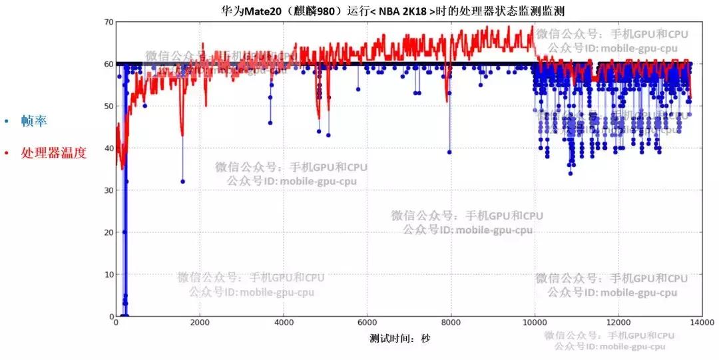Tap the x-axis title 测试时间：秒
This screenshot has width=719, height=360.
click(x=400, y=338)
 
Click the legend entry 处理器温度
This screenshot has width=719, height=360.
click(x=53, y=153)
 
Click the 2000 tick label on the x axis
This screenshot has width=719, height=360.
click(x=200, y=324)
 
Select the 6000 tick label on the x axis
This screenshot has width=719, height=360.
click(x=367, y=324)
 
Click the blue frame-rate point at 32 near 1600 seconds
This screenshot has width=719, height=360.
click(x=183, y=182)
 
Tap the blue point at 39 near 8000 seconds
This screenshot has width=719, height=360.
click(x=450, y=152)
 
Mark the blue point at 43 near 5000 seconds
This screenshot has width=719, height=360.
click(x=328, y=135)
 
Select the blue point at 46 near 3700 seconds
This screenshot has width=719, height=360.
click(x=270, y=122)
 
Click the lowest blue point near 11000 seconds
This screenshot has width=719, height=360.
click(x=571, y=173)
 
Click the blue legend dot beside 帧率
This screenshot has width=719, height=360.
click(x=7, y=122)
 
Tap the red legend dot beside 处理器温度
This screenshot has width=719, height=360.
click(x=7, y=154)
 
